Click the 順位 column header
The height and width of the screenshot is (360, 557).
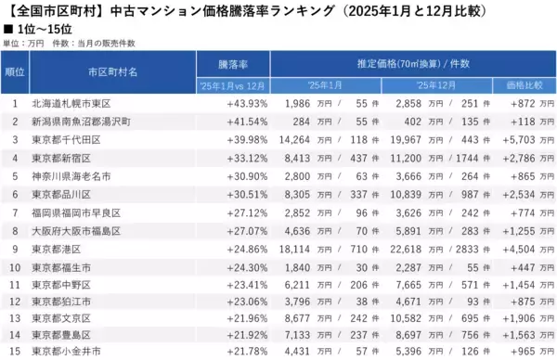15,71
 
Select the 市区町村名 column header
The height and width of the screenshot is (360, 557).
112,71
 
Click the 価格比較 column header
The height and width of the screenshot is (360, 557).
525,85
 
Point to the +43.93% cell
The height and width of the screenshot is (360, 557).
246,103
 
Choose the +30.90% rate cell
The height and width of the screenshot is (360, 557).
246,174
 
